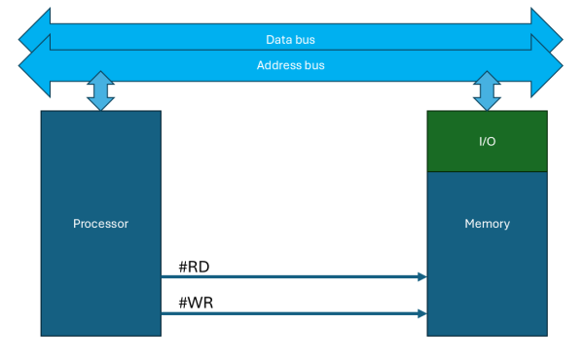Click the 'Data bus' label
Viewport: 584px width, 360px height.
(x=290, y=40)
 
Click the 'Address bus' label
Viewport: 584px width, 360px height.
(x=290, y=65)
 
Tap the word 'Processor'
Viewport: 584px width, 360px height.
(x=100, y=224)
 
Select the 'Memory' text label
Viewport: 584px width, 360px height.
(x=487, y=224)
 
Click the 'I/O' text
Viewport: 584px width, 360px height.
(x=487, y=142)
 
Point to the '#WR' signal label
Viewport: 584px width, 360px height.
(x=196, y=303)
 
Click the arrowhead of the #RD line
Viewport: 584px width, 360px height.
(x=422, y=277)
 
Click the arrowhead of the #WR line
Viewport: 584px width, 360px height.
(x=422, y=313)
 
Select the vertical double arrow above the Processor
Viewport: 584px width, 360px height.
(x=100, y=90)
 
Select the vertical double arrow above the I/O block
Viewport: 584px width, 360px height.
(x=487, y=90)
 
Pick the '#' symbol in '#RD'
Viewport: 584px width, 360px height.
(x=183, y=266)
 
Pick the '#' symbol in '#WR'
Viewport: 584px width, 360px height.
(x=183, y=303)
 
